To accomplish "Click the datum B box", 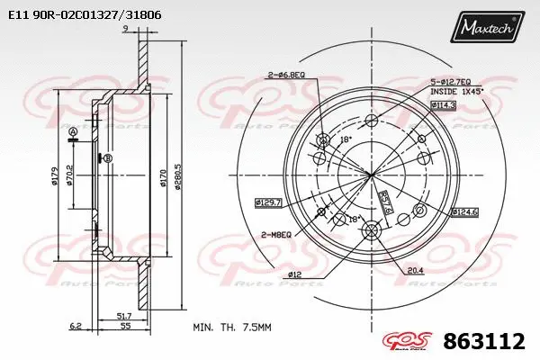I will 107,159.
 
